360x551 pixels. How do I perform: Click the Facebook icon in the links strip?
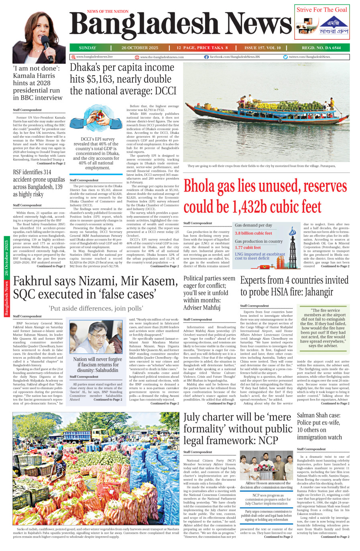(x=206, y=57)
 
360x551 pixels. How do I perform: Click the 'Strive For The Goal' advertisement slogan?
(x=322, y=10)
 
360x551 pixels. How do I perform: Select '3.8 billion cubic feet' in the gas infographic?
(x=253, y=233)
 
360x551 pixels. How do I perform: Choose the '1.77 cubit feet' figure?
(x=248, y=248)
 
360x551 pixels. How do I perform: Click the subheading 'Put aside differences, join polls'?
(x=96, y=308)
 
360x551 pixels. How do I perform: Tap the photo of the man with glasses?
(x=96, y=337)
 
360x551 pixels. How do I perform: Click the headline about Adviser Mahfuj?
(x=209, y=293)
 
